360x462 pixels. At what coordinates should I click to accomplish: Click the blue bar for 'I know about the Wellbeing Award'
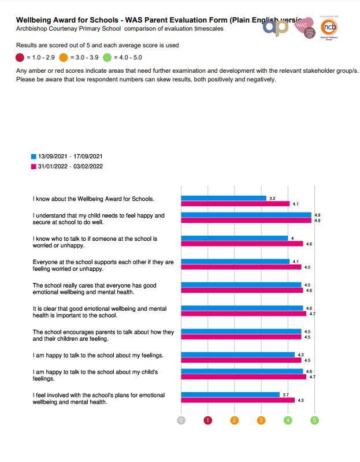click(x=224, y=198)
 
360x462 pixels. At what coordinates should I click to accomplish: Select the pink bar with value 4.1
click(x=235, y=204)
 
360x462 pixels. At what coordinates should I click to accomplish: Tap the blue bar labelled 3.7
click(x=230, y=394)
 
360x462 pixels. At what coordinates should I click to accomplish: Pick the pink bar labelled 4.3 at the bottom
click(x=238, y=400)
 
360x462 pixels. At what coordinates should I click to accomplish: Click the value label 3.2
click(x=272, y=198)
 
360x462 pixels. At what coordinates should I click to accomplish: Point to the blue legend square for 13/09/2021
click(x=33, y=157)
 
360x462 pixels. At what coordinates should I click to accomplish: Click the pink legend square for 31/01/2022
click(x=33, y=166)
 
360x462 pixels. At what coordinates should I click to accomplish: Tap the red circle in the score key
click(x=20, y=57)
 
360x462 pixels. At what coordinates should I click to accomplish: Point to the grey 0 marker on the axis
click(x=181, y=420)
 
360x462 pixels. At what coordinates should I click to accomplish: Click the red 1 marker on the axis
click(x=208, y=420)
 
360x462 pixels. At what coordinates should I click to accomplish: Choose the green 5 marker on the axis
click(x=314, y=420)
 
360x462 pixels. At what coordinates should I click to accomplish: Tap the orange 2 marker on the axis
click(x=235, y=420)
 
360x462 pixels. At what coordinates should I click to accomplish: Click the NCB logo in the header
click(x=329, y=27)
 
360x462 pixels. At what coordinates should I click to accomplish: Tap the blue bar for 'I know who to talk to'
click(x=234, y=238)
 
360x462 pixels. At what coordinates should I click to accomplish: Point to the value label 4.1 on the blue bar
click(x=295, y=262)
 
